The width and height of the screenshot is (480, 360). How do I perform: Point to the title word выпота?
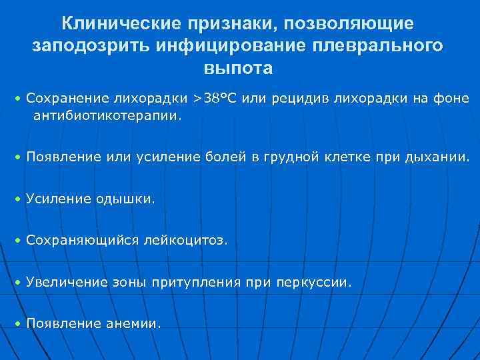[x=239, y=69]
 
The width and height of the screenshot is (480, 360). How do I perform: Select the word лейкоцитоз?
[x=186, y=240]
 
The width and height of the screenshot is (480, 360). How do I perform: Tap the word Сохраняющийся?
[x=83, y=240]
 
